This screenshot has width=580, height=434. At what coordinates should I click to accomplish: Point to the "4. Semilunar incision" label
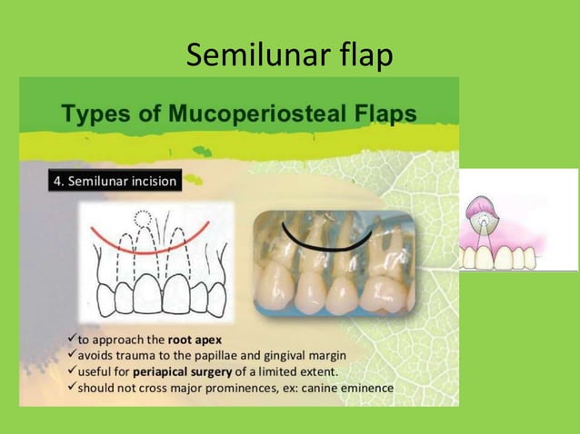click(x=114, y=181)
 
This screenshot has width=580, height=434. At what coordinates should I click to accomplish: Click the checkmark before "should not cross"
click(x=72, y=388)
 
